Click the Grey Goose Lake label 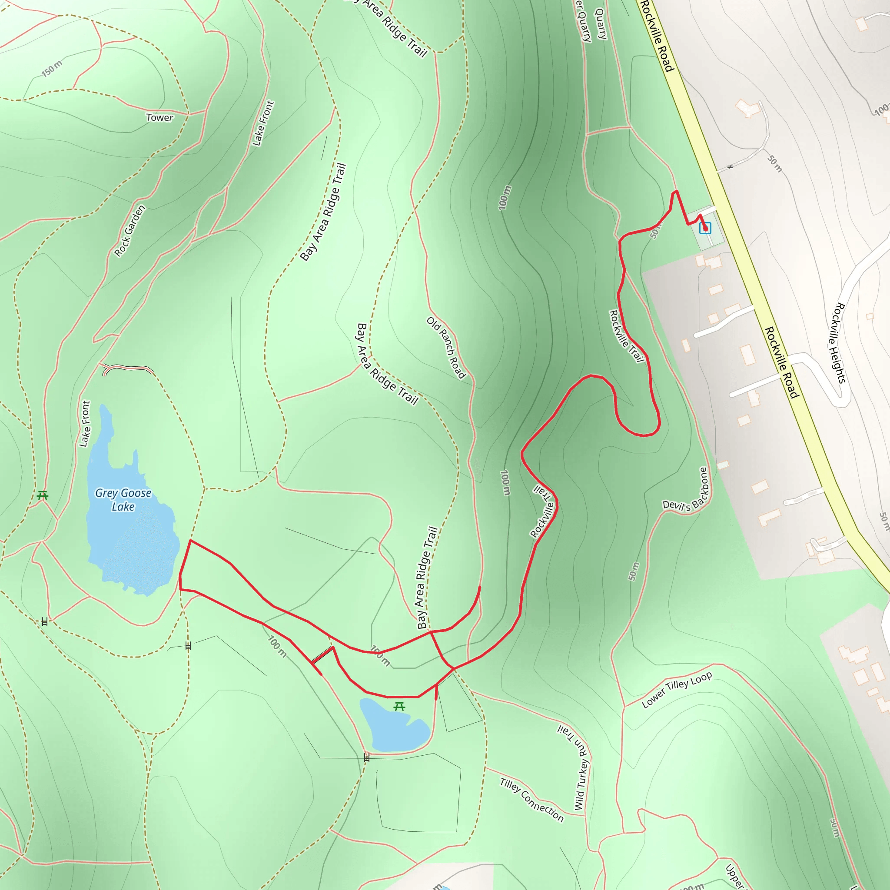tap(123, 500)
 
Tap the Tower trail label tap(159, 117)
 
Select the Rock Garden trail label tap(130, 230)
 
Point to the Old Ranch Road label tap(446, 347)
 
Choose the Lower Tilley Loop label tap(677, 689)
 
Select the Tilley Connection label tap(531, 800)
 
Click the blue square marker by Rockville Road tap(705, 228)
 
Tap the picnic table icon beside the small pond tap(399, 706)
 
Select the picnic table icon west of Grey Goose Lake tap(43, 495)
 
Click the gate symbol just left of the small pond tap(367, 757)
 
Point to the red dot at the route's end tap(705, 229)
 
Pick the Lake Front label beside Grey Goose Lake tap(85, 423)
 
